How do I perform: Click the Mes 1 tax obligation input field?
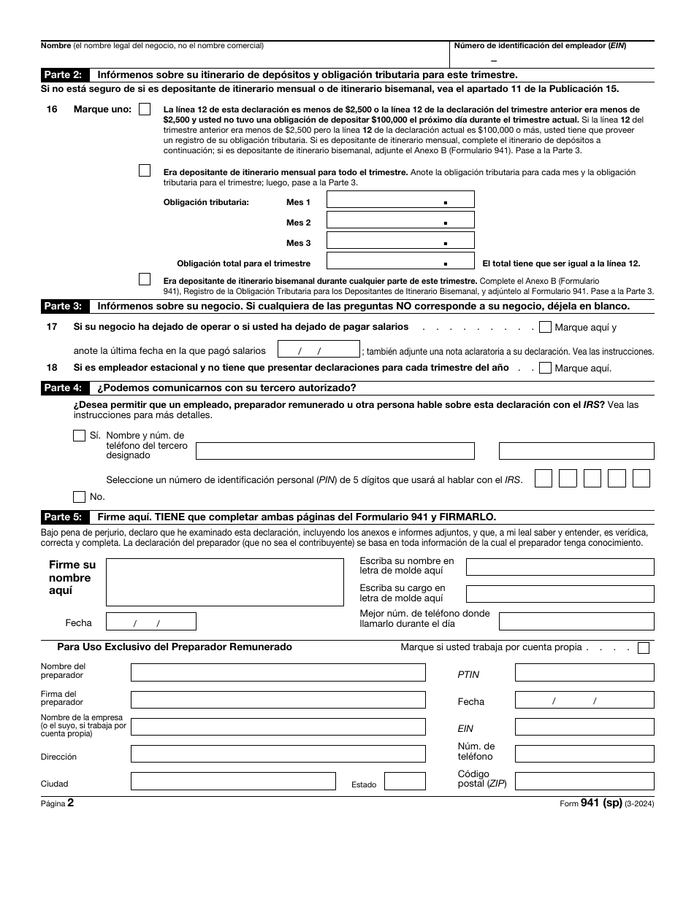pyautogui.click(x=400, y=200)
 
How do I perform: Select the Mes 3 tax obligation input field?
pyautogui.click(x=400, y=241)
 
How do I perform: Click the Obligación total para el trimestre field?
pyautogui.click(x=400, y=261)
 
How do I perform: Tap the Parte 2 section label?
pyautogui.click(x=64, y=74)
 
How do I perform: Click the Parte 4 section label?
pyautogui.click(x=64, y=387)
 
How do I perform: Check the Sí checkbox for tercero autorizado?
pyautogui.click(x=80, y=436)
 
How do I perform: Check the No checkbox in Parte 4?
pyautogui.click(x=80, y=497)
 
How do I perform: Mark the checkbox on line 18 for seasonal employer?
pyautogui.click(x=545, y=368)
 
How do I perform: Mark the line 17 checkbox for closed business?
pyautogui.click(x=545, y=328)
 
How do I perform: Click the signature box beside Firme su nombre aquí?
pyautogui.click(x=224, y=582)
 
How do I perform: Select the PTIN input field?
pyautogui.click(x=584, y=673)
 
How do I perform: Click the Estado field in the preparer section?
pyautogui.click(x=405, y=782)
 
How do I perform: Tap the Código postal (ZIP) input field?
pyautogui.click(x=584, y=782)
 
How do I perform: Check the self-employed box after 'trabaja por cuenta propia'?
pyautogui.click(x=643, y=647)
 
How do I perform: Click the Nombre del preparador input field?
pyautogui.click(x=278, y=673)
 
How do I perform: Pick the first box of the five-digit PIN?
pyautogui.click(x=544, y=479)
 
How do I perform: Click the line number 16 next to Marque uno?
pyautogui.click(x=52, y=109)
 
